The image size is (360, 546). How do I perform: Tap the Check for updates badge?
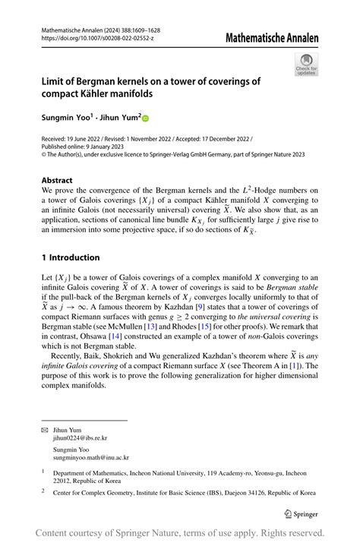(x=305, y=65)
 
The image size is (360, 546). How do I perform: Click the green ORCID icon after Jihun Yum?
(x=146, y=119)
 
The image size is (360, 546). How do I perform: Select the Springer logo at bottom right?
(x=300, y=513)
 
